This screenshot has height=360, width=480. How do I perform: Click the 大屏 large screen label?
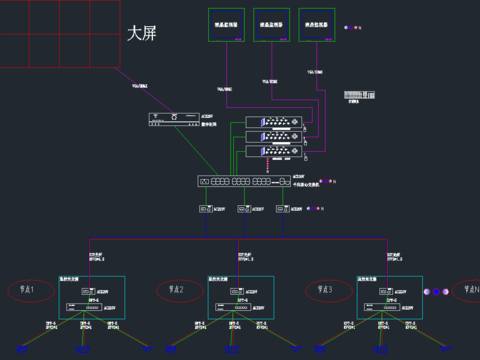pos(142,32)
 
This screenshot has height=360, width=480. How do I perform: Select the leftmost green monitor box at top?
pos(226,26)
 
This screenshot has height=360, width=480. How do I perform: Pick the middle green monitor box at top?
pos(272,26)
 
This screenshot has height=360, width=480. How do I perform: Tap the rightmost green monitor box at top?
pos(317,26)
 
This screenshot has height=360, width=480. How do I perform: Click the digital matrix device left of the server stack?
pos(167,119)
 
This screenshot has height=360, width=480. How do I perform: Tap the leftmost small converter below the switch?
pos(207,210)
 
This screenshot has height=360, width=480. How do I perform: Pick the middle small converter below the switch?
pos(245,210)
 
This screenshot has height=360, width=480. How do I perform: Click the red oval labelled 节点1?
pos(27,291)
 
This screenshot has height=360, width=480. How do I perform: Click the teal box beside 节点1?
pos(91,296)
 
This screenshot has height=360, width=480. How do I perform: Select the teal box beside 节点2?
pos(240,296)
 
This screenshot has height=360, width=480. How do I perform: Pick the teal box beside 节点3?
pos(389,296)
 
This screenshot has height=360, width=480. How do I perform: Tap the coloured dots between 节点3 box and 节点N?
pos(436,291)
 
